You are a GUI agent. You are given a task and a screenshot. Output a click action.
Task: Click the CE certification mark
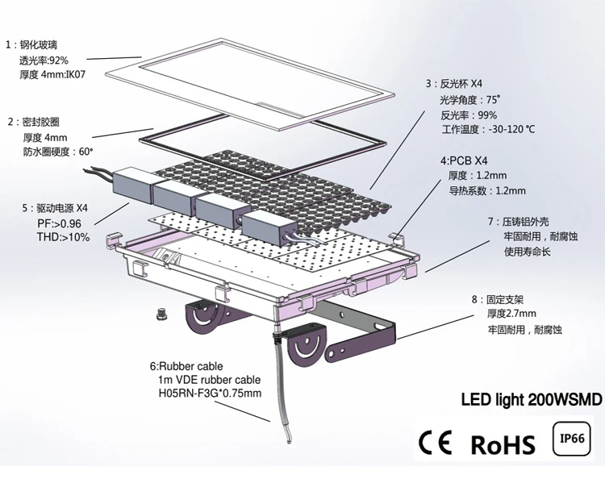pyautogui.click(x=435, y=442)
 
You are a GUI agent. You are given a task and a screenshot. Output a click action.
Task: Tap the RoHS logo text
pyautogui.click(x=503, y=444)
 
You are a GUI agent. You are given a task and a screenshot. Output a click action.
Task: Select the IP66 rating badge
pyautogui.click(x=572, y=439)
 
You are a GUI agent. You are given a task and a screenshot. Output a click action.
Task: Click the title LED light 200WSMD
pyautogui.click(x=532, y=399)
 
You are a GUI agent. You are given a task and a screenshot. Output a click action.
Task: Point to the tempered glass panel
pyautogui.click(x=250, y=84)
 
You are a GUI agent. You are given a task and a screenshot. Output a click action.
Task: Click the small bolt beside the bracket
pyautogui.click(x=161, y=314)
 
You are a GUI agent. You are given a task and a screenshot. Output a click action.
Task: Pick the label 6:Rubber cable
pyautogui.click(x=186, y=366)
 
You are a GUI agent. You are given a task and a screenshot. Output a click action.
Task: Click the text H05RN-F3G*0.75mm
pyautogui.click(x=211, y=393)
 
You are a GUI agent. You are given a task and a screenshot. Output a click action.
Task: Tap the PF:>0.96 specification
pyautogui.click(x=60, y=223)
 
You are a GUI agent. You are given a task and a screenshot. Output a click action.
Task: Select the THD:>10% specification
pyautogui.click(x=63, y=237)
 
